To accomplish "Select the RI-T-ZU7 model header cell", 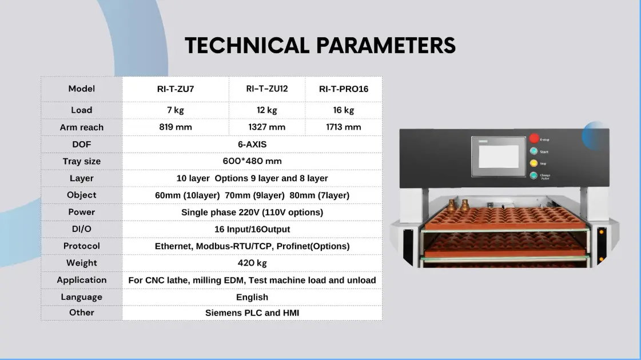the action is coord(176,89).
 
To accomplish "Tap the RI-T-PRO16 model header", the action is coord(344,89).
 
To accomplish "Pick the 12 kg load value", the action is coord(267,110).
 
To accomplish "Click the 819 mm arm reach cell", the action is coord(176,127).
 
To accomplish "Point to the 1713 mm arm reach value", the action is coord(344,127).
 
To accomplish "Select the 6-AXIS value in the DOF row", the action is coord(252,144).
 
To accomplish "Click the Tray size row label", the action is coord(82,161).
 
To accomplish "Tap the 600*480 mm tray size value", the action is coord(252,161).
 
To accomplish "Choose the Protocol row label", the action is coord(82,246).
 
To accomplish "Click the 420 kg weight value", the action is coord(252,263).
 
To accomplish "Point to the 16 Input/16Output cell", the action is coord(252,229).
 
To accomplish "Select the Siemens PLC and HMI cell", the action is coord(252,313).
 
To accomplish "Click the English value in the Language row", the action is coord(252,298).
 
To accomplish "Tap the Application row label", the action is coord(82,281).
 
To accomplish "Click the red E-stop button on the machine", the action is coord(534,138).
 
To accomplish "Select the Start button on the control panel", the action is coord(533,151).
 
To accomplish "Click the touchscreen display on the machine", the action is coord(498,157).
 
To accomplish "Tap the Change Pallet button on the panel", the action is coord(533,175).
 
